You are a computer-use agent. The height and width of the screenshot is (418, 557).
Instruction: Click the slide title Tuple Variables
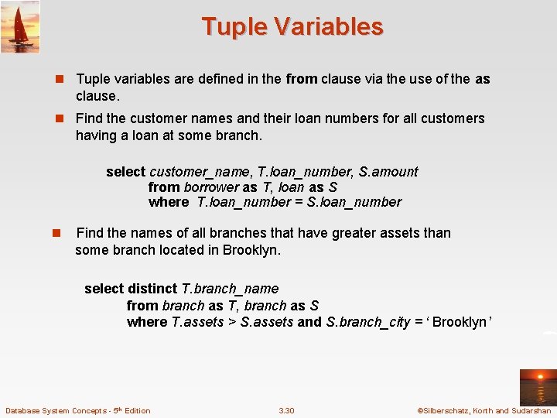click(x=292, y=27)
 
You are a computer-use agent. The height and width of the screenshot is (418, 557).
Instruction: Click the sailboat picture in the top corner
click(x=20, y=27)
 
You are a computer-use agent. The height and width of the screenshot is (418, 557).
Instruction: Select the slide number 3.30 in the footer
click(x=286, y=410)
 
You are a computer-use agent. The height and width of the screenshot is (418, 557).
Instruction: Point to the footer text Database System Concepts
click(x=77, y=410)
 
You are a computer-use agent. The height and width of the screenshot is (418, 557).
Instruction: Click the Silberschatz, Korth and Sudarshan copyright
click(x=484, y=410)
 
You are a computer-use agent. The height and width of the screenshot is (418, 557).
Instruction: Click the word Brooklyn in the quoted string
click(x=459, y=322)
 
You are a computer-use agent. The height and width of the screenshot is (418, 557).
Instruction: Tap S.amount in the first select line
click(x=388, y=172)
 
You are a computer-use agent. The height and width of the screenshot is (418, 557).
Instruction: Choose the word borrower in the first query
click(x=211, y=187)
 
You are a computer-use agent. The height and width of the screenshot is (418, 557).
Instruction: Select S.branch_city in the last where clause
click(x=368, y=322)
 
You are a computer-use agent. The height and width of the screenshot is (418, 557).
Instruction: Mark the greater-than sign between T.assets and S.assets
click(x=232, y=322)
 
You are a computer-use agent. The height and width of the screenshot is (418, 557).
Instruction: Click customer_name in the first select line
click(x=198, y=172)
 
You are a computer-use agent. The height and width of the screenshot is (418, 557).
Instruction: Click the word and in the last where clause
click(x=309, y=322)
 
